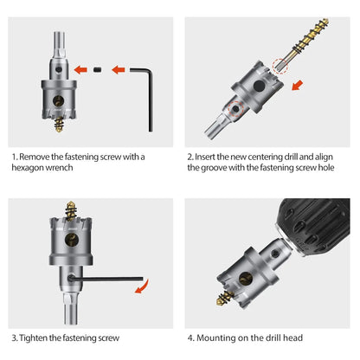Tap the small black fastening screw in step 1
click(98, 70)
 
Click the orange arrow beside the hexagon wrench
click(119, 69)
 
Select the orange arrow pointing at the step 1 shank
click(80, 69)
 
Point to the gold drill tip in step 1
click(59, 125)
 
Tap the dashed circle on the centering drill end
click(280, 67)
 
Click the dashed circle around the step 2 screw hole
click(236, 109)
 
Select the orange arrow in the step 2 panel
click(298, 86)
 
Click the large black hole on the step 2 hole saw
click(259, 86)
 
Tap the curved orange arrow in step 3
click(144, 287)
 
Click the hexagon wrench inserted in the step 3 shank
click(106, 279)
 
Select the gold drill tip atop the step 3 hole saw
click(71, 210)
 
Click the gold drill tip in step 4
click(225, 299)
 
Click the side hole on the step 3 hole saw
click(72, 240)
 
